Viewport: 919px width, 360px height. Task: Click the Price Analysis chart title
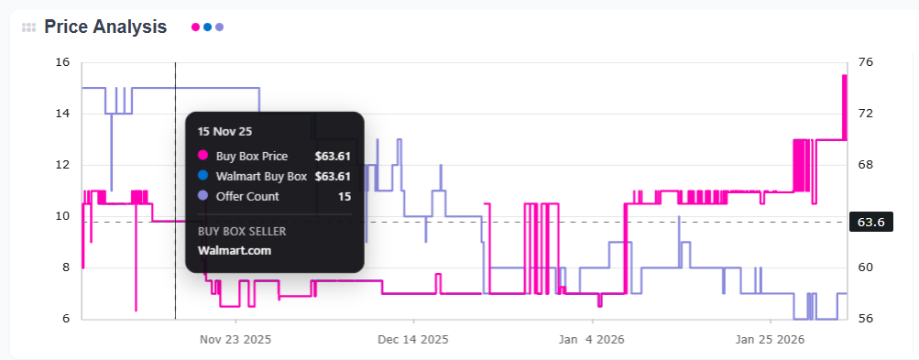[x=105, y=27]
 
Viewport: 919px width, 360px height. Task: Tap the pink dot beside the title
[x=195, y=27]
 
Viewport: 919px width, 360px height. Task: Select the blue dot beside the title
[x=207, y=27]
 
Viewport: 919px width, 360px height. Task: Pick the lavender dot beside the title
[x=219, y=27]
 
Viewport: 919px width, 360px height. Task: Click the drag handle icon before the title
[x=28, y=27]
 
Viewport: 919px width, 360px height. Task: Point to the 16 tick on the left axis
[x=62, y=62]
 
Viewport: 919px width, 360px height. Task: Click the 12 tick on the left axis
[x=62, y=165]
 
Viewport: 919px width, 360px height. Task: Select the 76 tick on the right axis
[x=866, y=62]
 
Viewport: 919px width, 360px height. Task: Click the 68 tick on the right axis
[x=866, y=165]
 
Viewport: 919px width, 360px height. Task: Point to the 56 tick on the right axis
[x=866, y=319]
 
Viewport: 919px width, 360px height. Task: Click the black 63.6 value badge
[x=870, y=222]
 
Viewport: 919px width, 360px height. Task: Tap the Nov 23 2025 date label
[x=235, y=338]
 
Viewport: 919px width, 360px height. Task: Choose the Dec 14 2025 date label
[x=413, y=338]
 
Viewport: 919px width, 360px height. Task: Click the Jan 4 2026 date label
[x=592, y=338]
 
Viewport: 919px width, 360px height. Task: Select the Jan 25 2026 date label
[x=771, y=338]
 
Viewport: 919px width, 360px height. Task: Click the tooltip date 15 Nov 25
[x=224, y=131]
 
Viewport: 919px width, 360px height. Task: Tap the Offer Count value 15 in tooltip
[x=345, y=196]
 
